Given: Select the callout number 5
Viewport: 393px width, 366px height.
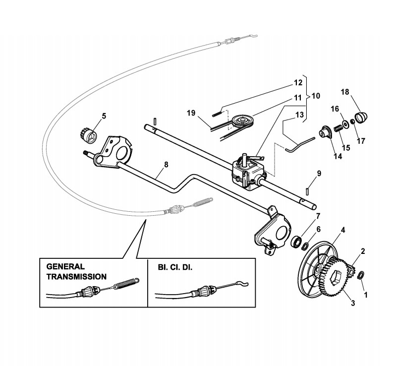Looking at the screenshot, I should (104, 116).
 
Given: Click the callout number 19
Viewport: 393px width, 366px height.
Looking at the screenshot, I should (190, 113).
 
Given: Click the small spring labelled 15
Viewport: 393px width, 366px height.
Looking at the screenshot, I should (337, 128).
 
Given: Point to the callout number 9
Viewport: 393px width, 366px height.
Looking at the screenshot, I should (319, 173).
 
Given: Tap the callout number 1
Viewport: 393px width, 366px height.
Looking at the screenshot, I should (366, 294).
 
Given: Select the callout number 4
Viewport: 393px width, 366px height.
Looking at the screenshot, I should (342, 230).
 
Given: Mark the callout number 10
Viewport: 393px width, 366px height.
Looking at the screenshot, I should (315, 95).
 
